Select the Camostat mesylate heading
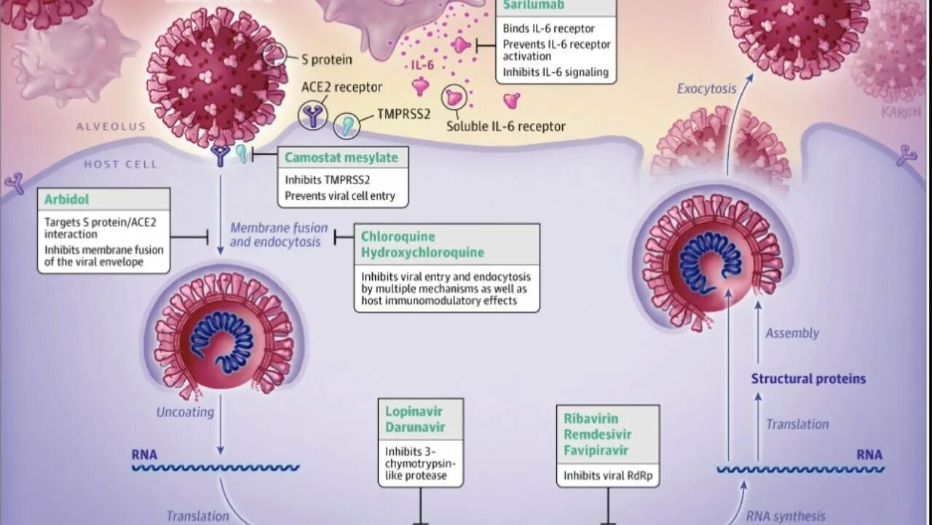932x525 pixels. point(341,157)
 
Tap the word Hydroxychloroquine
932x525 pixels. point(422,253)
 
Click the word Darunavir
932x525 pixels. point(415,427)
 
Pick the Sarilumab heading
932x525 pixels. point(534,6)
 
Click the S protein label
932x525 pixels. point(327,60)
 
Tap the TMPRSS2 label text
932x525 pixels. point(403,114)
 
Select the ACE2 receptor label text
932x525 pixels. point(341,87)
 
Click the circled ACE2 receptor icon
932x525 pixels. point(313,115)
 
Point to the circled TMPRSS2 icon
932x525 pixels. point(347,125)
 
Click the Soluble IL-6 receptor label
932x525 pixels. point(505,127)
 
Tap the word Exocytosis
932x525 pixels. point(706,89)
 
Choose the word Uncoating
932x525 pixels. point(185,412)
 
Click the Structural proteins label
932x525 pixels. point(808,379)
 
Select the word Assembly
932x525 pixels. point(792,333)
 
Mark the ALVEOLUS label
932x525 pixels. point(111,127)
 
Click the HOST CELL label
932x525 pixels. point(120,165)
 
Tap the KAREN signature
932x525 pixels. point(901,112)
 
